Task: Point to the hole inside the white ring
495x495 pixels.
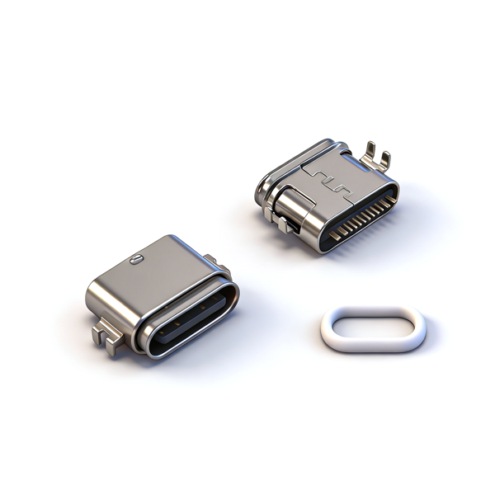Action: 373,329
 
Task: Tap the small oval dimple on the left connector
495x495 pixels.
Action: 136,261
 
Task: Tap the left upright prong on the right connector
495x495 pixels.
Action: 370,149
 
